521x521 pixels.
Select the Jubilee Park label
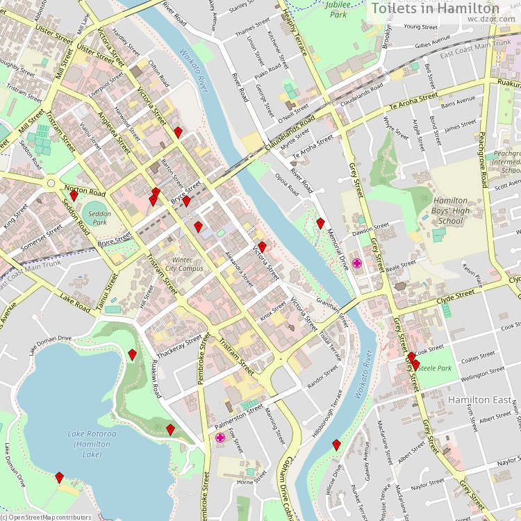pyautogui.click(x=336, y=9)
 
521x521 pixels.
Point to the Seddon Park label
pyautogui.click(x=99, y=218)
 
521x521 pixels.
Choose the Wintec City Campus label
pyautogui.click(x=184, y=264)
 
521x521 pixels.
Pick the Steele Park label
pyautogui.click(x=436, y=368)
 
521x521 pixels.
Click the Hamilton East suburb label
pyautogui.click(x=479, y=400)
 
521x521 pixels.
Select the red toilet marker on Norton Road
pyautogui.click(x=74, y=195)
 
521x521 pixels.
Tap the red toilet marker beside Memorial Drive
pyautogui.click(x=320, y=223)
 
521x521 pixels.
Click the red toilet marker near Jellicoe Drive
pyautogui.click(x=336, y=445)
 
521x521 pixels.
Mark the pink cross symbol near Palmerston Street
pyautogui.click(x=220, y=438)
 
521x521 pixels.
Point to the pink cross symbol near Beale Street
pyautogui.click(x=357, y=263)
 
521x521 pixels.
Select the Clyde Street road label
pyautogui.click(x=455, y=294)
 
